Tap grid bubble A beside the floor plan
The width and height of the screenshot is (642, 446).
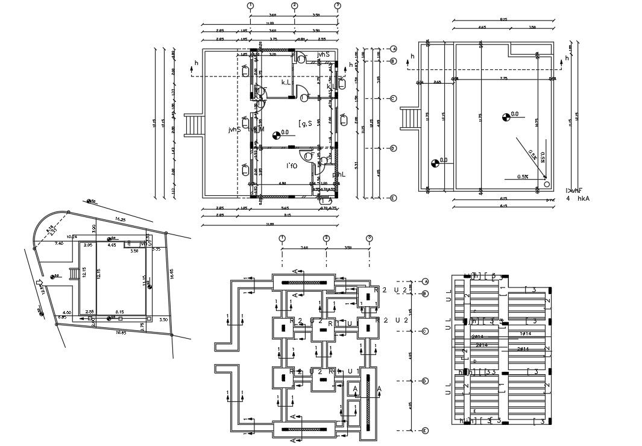tap(393, 49)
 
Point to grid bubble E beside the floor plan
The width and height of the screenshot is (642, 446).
tap(393, 198)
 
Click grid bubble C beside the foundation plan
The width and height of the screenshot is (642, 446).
tap(425, 331)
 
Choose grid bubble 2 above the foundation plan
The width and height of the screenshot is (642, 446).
tap(326, 239)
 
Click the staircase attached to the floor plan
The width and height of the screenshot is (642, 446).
tap(195, 125)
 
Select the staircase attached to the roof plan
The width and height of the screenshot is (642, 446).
tap(410, 117)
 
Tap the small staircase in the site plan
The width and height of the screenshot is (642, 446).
tap(75, 274)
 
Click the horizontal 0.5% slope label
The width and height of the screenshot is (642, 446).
tap(523, 177)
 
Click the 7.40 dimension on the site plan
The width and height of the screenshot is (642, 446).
tap(59, 243)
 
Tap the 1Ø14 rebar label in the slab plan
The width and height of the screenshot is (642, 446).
tap(524, 333)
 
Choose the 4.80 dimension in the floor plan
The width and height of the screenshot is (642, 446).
tap(281, 183)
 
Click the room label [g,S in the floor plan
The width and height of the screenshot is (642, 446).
tap(305, 124)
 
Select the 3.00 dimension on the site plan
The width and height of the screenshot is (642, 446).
tap(93, 229)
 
